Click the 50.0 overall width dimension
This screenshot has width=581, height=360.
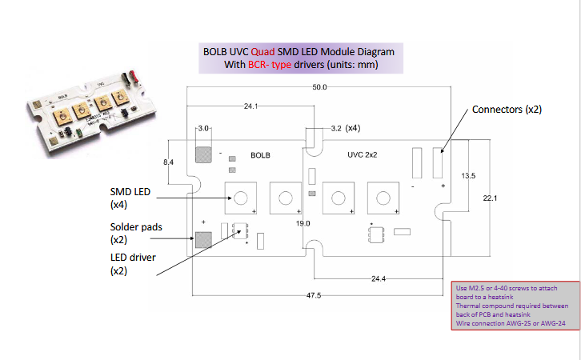tap(319, 86)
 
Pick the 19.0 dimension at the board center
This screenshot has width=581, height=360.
tap(303, 223)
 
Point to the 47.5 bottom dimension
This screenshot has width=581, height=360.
tap(313, 295)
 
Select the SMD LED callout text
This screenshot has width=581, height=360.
tap(127, 198)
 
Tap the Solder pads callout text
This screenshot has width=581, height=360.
tap(136, 233)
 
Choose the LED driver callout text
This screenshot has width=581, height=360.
tap(133, 264)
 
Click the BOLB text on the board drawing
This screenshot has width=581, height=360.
tap(261, 154)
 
